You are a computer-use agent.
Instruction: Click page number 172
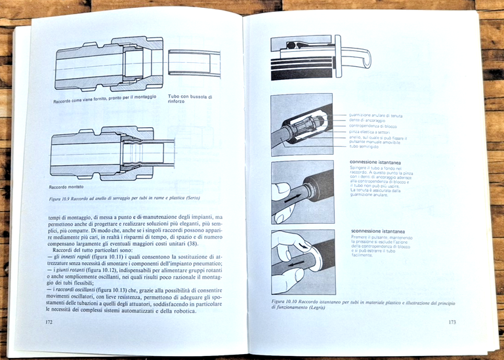point(49,322)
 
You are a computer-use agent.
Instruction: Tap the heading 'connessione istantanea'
point(377,162)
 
